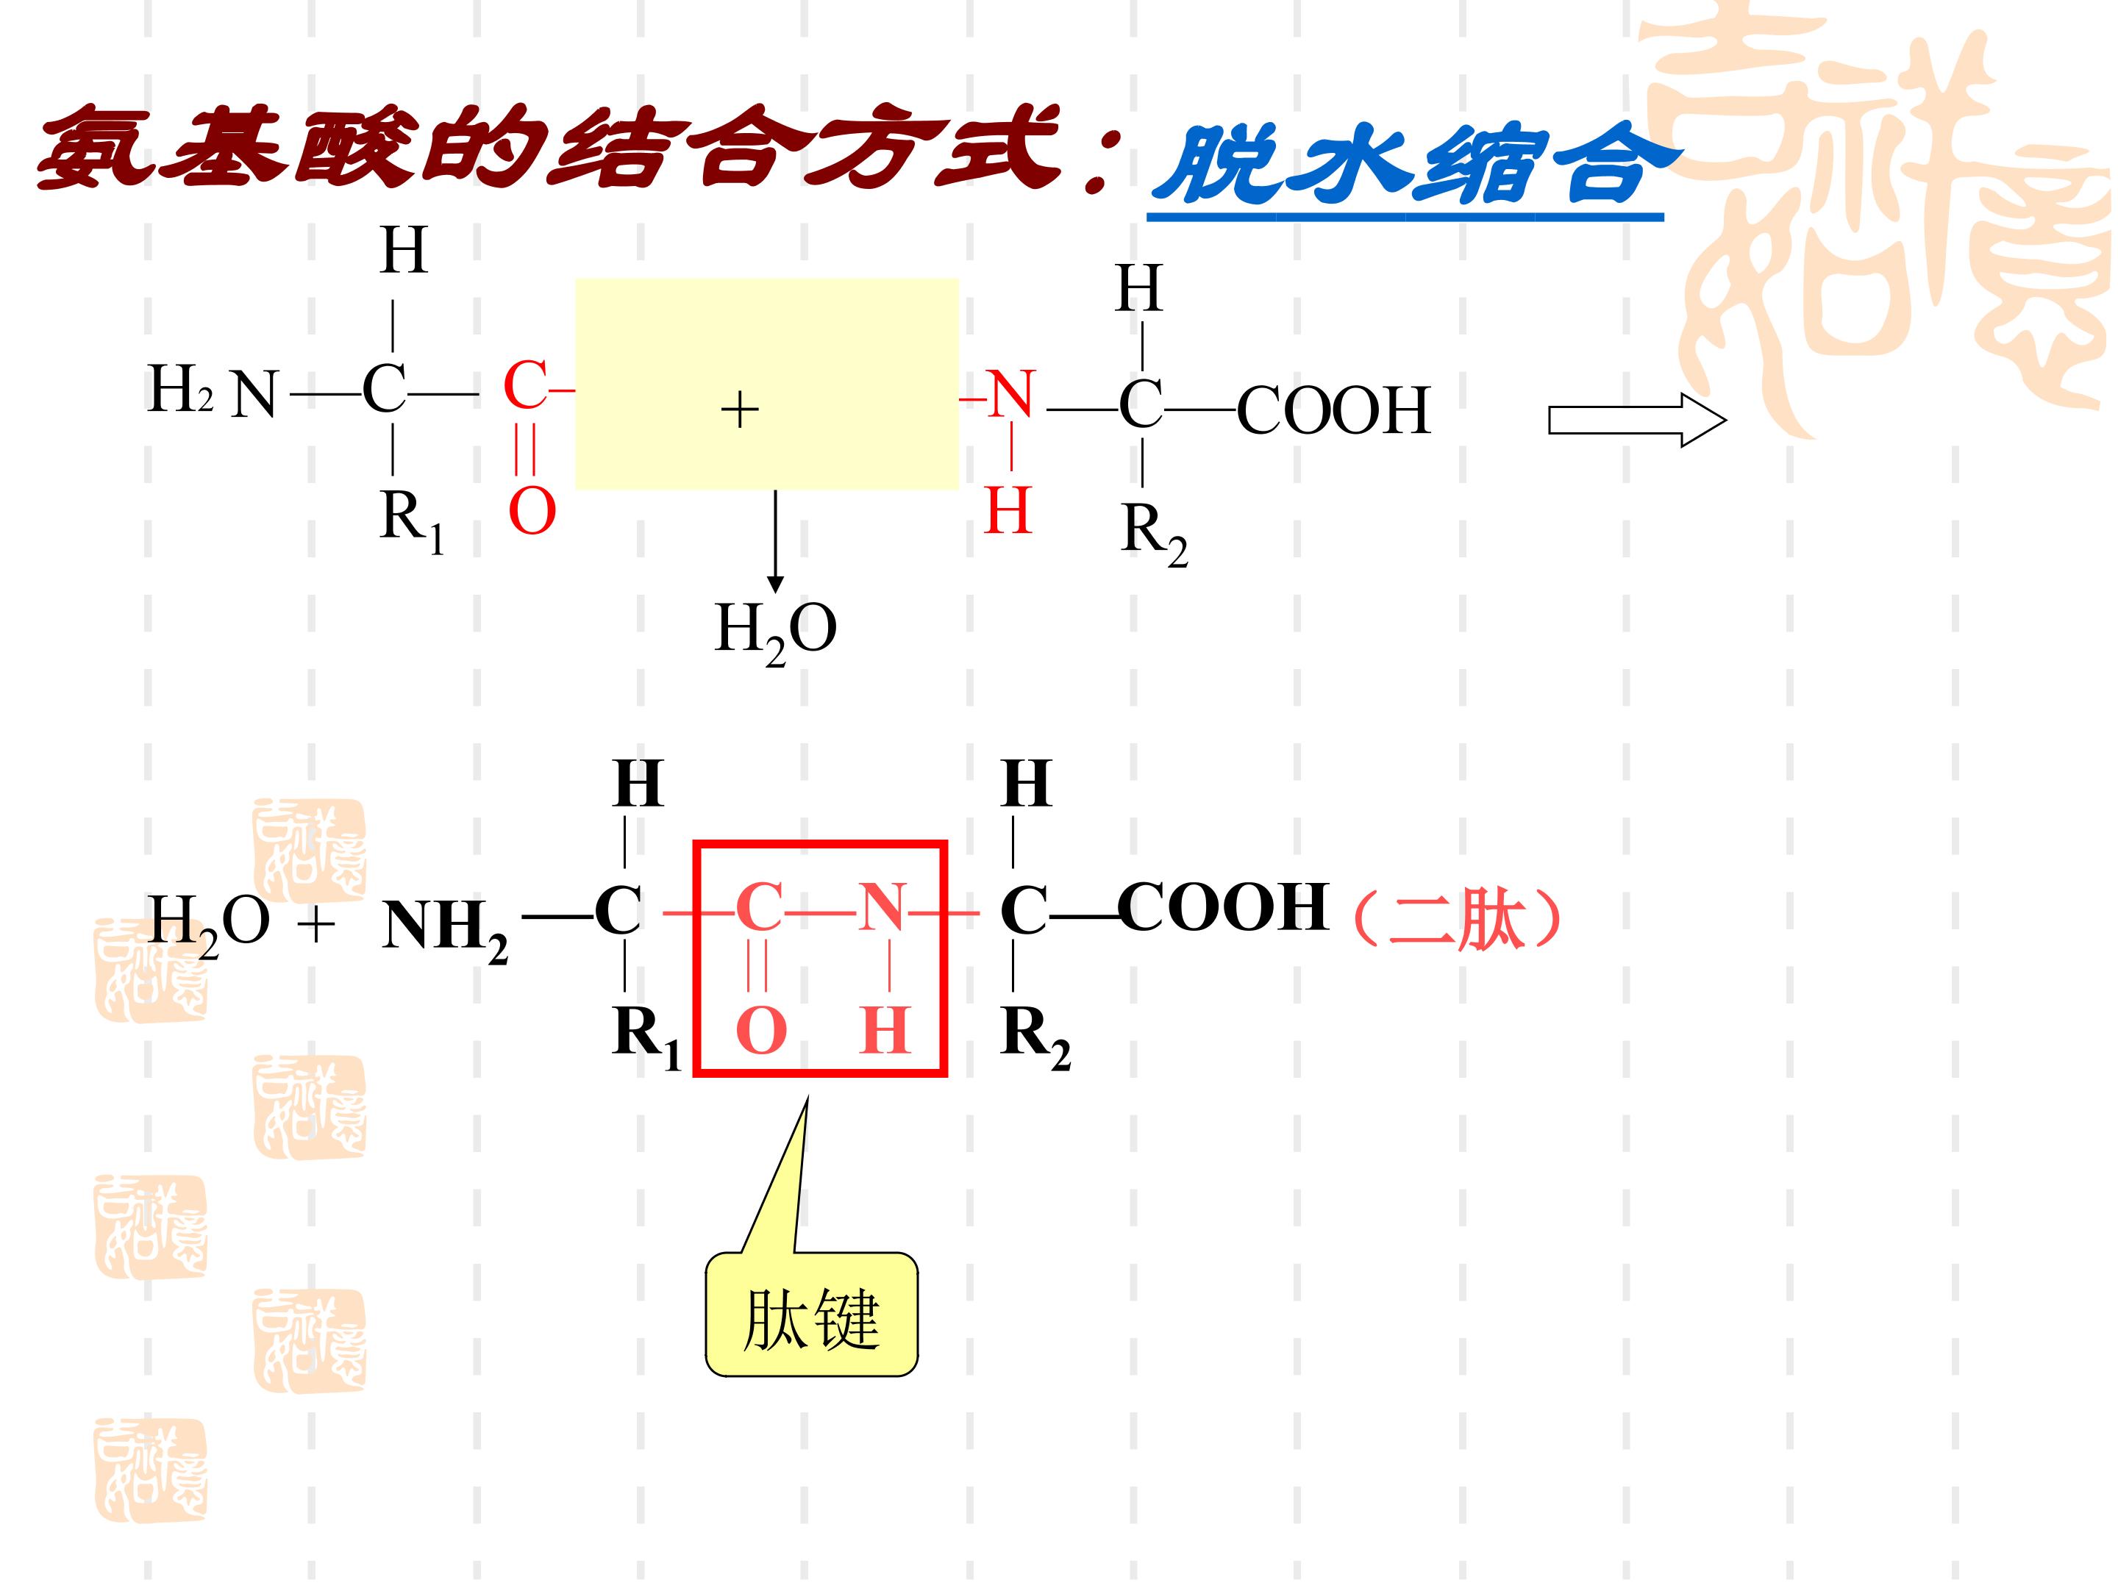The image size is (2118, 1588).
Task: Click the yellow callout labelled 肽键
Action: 811,1313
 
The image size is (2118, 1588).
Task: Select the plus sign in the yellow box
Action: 739,411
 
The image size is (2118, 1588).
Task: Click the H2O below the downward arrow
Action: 776,632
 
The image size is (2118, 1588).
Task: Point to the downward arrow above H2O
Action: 776,541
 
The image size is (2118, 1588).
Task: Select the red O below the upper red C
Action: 532,512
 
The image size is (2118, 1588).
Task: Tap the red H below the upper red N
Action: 1008,510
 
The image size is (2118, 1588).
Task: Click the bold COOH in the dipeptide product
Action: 1223,906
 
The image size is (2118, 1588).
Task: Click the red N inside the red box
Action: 881,906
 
